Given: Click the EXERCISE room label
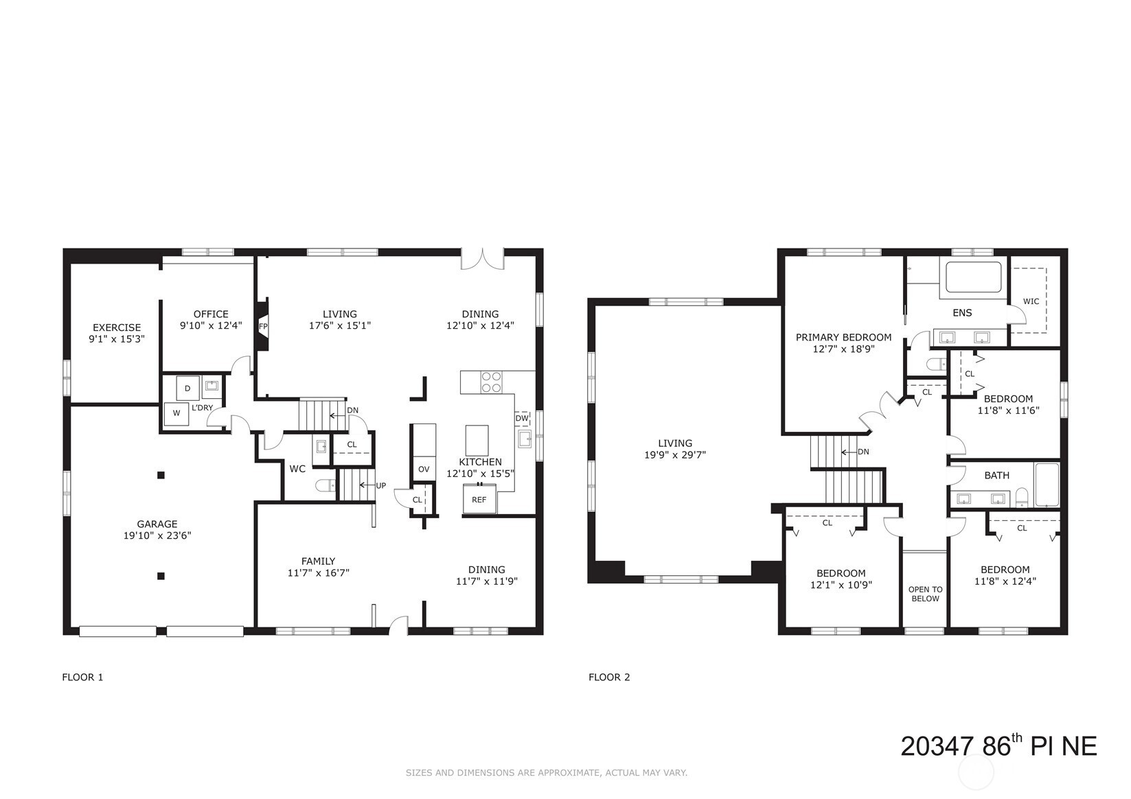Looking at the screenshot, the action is (117, 327).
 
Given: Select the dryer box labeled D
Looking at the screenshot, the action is (188, 388).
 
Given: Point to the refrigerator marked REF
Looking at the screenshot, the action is (480, 499).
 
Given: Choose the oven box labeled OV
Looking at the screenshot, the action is (424, 470).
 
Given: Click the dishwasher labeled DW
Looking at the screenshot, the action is (522, 419).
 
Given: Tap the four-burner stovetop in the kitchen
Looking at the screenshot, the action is (491, 382).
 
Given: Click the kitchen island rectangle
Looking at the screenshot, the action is (477, 440).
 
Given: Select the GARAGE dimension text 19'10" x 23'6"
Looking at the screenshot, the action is (157, 535).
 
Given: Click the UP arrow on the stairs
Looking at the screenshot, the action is (367, 485).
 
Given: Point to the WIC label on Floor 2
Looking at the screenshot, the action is (1031, 301).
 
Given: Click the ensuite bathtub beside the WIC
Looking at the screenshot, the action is (974, 277).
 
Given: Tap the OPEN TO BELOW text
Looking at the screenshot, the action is (926, 594).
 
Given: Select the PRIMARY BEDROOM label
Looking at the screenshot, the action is (844, 337).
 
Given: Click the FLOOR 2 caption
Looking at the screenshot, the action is (609, 677).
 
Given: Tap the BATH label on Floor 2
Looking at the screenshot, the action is (997, 475).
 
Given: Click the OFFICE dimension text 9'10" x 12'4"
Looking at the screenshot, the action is (211, 325).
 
